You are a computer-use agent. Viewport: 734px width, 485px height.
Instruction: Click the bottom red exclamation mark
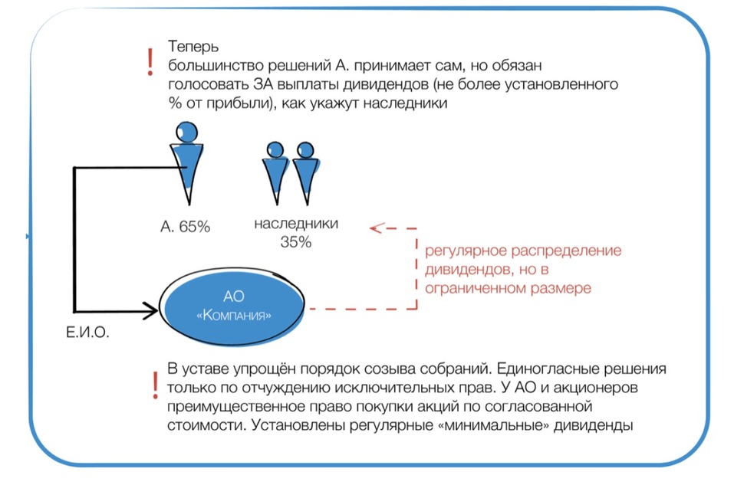156,382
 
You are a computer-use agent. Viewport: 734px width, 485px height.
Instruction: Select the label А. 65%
185,226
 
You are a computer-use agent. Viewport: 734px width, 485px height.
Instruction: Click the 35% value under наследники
295,242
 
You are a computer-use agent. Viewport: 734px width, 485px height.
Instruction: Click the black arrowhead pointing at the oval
147,310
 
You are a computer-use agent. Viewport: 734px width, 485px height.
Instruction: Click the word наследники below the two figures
295,224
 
